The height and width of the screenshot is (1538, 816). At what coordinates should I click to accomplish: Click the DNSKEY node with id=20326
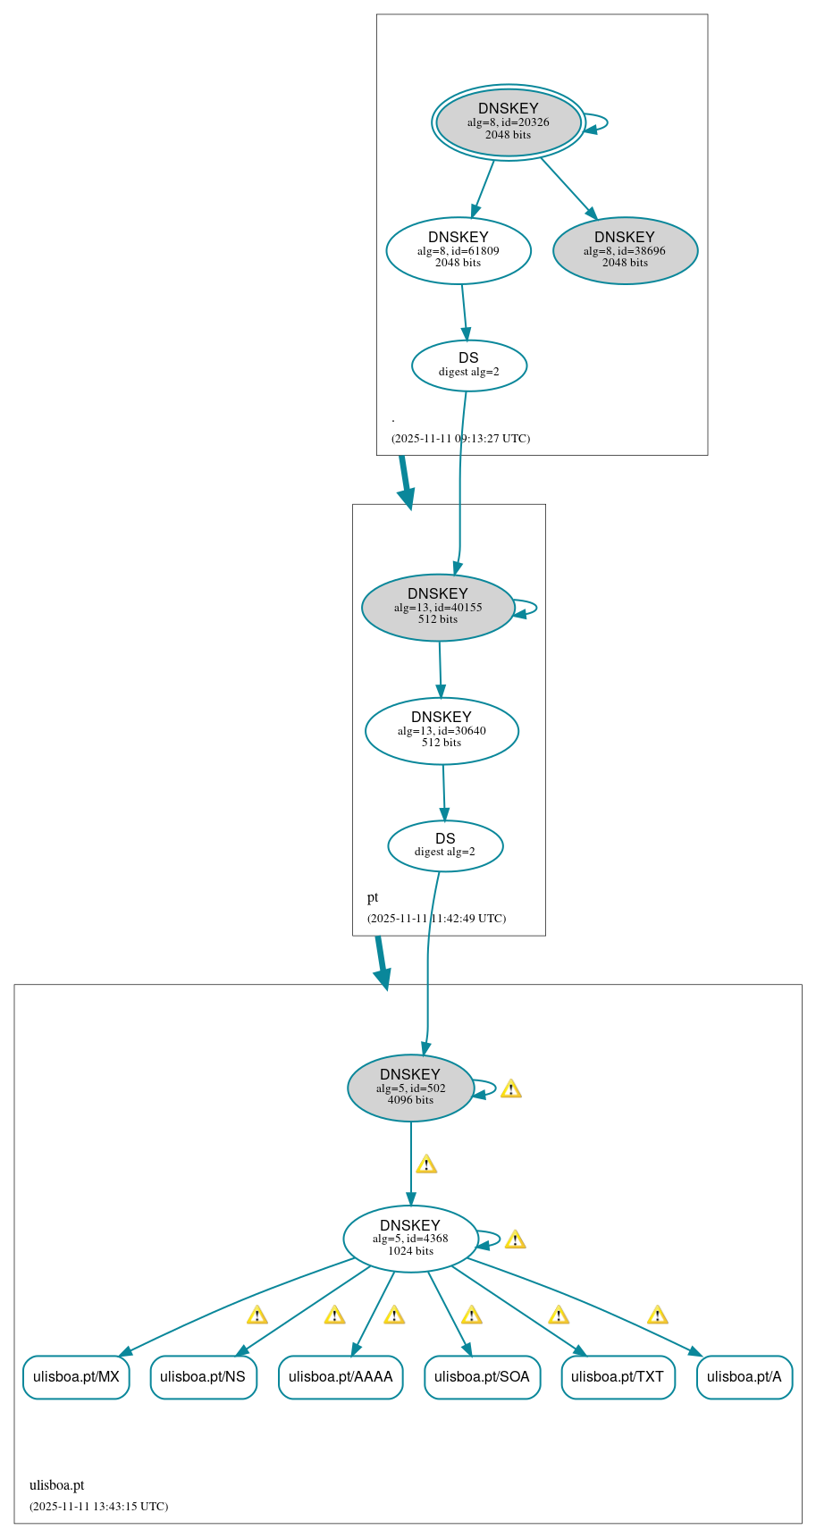[x=508, y=122]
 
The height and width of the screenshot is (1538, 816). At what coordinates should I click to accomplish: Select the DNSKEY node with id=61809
[x=458, y=250]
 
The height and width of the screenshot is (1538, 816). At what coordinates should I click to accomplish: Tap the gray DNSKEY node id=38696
[x=625, y=250]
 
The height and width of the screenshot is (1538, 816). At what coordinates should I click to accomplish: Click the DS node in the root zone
[x=468, y=365]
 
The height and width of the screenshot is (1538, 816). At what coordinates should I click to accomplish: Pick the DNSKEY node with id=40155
[x=437, y=607]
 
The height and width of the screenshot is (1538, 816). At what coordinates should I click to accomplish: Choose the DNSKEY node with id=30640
[x=442, y=730]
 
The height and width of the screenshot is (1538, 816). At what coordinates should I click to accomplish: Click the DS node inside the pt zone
[x=445, y=845]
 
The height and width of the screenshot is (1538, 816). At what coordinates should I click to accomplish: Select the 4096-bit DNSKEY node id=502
[x=410, y=1088]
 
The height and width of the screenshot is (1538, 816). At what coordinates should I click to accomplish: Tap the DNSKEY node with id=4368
[x=410, y=1239]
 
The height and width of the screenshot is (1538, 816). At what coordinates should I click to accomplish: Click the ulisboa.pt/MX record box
[x=76, y=1376]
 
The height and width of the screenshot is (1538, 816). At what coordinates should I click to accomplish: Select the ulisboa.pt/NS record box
[x=203, y=1376]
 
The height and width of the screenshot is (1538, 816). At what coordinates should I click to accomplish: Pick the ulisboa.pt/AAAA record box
[x=341, y=1376]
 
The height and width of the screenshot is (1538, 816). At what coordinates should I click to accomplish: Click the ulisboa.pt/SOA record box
[x=482, y=1376]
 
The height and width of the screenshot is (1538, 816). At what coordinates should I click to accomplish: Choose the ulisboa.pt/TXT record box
[x=618, y=1376]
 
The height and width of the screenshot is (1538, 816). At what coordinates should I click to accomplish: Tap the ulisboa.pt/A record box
[x=744, y=1376]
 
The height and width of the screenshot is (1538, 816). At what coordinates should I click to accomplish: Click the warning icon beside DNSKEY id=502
[x=510, y=1088]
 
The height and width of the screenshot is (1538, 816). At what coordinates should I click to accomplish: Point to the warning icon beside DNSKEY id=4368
[x=515, y=1240]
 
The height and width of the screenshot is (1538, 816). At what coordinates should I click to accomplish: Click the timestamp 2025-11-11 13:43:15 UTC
[x=98, y=1506]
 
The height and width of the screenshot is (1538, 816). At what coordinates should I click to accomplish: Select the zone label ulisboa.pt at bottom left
[x=56, y=1484]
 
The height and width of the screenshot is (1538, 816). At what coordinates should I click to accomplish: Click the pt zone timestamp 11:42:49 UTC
[x=436, y=918]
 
